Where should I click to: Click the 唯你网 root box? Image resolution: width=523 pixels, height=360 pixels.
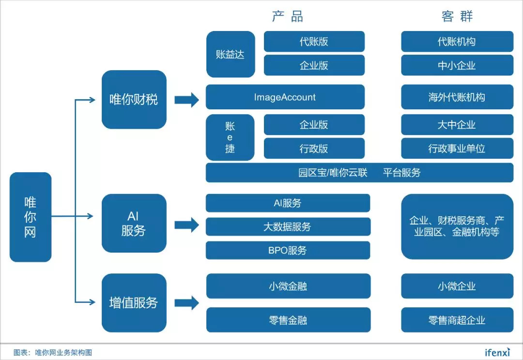click(x=31, y=217)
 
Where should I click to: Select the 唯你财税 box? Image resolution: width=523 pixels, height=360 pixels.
click(x=134, y=100)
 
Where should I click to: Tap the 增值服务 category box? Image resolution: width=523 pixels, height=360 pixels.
click(x=134, y=303)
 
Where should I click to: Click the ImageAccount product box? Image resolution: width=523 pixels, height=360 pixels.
click(x=285, y=97)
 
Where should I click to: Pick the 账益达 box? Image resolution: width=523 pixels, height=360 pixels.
click(x=231, y=54)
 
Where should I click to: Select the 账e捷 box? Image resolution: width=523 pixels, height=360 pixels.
click(x=230, y=137)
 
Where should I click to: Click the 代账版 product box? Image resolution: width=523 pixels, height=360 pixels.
click(x=314, y=42)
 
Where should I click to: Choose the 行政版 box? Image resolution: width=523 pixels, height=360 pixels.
click(x=314, y=149)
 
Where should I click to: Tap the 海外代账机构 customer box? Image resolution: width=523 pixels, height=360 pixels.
click(x=457, y=97)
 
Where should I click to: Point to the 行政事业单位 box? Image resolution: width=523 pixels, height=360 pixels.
click(x=457, y=149)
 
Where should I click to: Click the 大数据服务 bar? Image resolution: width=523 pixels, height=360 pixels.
click(x=288, y=226)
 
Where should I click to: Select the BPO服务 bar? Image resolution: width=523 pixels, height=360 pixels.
click(x=288, y=250)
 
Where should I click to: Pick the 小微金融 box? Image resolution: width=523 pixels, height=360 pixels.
click(x=288, y=286)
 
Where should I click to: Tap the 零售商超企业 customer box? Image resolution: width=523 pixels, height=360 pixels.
click(x=457, y=320)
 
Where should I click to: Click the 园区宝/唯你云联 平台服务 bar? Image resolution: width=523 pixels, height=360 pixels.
click(x=359, y=173)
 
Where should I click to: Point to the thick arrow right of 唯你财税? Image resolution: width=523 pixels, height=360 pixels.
click(x=186, y=100)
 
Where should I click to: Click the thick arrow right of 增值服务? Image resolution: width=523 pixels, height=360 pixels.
click(x=186, y=303)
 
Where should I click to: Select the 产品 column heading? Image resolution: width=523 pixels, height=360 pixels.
click(x=288, y=16)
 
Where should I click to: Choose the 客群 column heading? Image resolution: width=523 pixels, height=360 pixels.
click(x=457, y=16)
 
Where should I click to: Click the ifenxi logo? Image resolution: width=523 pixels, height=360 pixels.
click(x=497, y=352)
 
